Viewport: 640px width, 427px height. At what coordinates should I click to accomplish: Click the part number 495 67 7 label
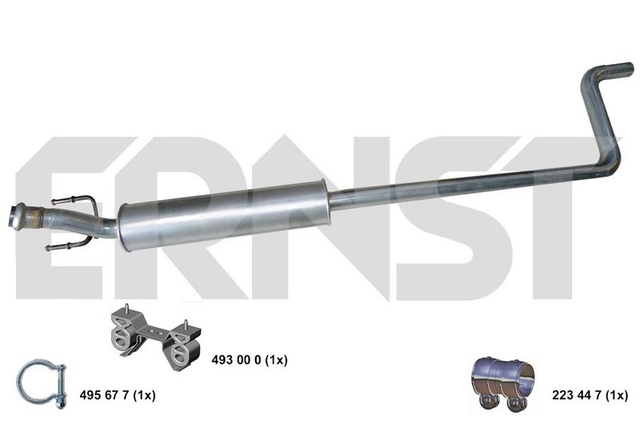click(x=118, y=395)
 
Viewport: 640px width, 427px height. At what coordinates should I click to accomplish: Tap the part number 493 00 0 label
click(x=250, y=360)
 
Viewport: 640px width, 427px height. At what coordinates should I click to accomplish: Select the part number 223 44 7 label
click(x=590, y=395)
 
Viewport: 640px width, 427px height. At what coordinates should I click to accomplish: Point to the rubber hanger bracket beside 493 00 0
click(x=155, y=337)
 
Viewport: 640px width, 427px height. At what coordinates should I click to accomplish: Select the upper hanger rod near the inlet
click(x=74, y=200)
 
